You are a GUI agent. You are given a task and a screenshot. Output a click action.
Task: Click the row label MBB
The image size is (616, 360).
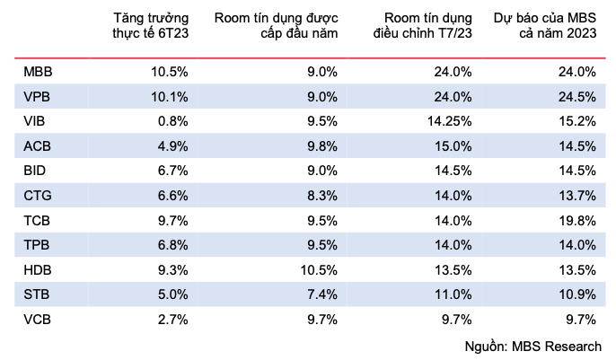point(38,72)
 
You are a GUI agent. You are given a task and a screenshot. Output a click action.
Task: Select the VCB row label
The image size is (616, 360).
point(38,319)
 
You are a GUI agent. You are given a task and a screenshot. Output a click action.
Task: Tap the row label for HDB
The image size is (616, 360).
point(38,269)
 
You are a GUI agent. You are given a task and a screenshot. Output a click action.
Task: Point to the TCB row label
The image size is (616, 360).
point(38,220)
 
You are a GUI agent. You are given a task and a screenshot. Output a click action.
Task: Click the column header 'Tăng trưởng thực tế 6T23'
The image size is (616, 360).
point(149,26)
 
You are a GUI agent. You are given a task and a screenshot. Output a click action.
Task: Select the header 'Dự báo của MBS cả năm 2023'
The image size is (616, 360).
point(545,26)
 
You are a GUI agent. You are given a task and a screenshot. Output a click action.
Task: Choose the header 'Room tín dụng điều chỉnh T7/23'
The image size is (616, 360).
point(422,26)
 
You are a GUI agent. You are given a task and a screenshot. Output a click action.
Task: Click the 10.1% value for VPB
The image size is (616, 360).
point(168,96)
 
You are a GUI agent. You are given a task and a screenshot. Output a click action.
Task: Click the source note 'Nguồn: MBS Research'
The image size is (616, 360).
point(533,346)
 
